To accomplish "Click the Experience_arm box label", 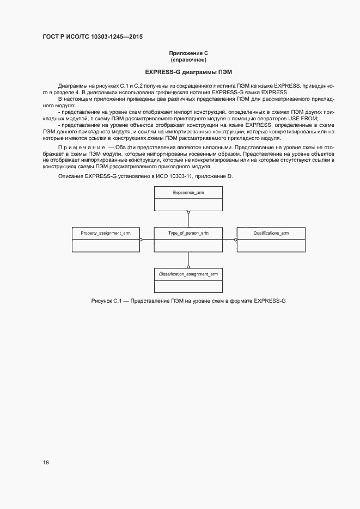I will coord(188,193).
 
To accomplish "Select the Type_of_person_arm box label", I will coord(188,233).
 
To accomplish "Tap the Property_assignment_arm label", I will coord(106,233).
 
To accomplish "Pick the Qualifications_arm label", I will coord(271,233).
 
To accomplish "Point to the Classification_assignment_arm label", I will coord(188,274).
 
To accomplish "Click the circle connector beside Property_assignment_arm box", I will coord(141,239).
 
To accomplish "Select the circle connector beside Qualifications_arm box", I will coord(235,239).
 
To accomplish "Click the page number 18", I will coord(46,463).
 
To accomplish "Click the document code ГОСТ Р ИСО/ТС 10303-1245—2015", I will coord(93,37).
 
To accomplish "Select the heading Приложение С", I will coord(188,53).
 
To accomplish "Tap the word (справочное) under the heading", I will coord(188,59).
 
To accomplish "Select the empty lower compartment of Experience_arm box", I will coord(188,205).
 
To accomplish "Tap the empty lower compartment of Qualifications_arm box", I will coord(271,245).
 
